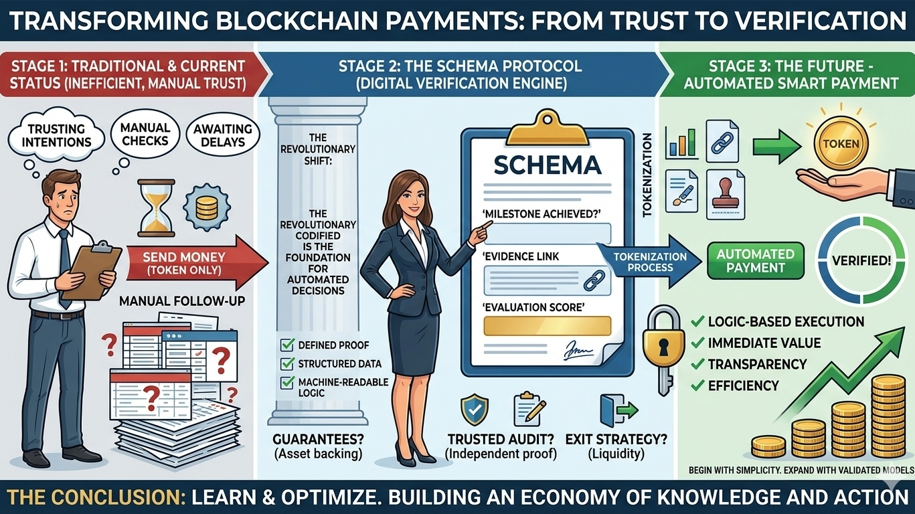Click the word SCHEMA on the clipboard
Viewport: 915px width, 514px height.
pos(547,165)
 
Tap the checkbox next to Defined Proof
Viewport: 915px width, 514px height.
pos(287,346)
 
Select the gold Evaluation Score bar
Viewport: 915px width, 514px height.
pos(548,326)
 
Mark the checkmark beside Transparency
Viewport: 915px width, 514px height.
pos(697,364)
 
